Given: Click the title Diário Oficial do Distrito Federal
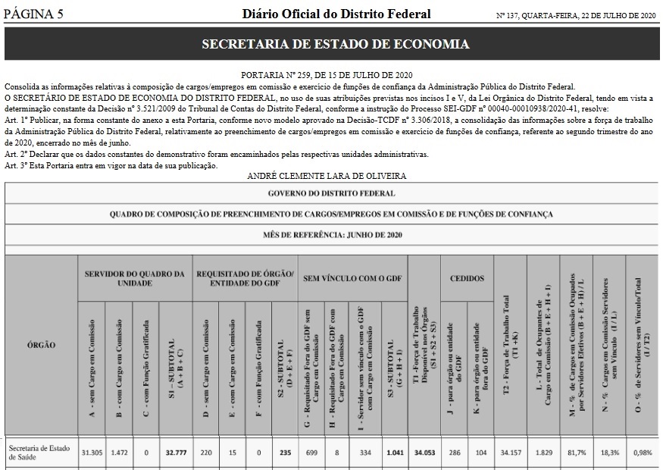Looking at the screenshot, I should [336, 14].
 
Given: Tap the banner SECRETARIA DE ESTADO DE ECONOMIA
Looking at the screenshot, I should [335, 45].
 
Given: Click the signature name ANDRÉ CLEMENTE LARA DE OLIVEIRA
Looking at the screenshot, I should [327, 176].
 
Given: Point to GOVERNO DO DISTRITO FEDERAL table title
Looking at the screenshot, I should [331, 193].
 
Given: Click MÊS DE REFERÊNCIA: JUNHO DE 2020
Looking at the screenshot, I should [331, 235].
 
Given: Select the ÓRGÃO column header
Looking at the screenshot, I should [41, 345].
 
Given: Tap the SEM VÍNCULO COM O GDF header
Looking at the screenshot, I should [353, 277].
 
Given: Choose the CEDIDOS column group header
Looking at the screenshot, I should [461, 277].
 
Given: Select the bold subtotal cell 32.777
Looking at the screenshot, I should [175, 453].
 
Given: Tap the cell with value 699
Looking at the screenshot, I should [310, 453].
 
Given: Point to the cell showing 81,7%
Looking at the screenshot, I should [575, 453].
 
